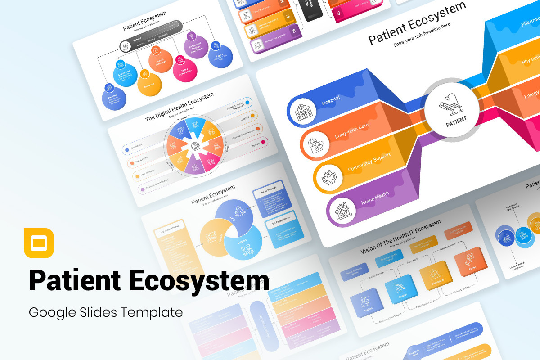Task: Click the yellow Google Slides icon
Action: pos(39,243)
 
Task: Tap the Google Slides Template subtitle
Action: pos(106,312)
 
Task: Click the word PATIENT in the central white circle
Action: pos(456,119)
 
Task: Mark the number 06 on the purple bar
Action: pos(293,31)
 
